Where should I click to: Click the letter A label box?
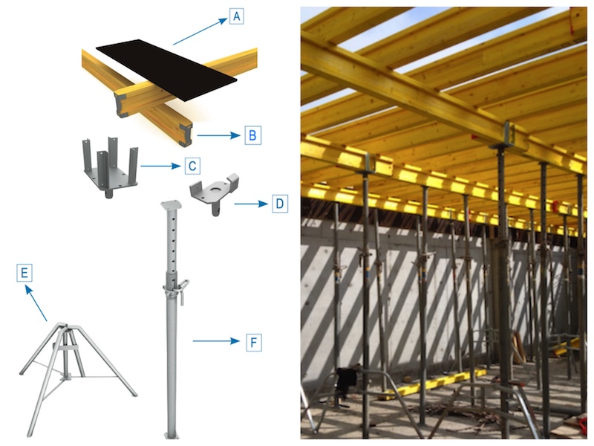tap(236, 16)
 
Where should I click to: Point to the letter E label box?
tap(25, 274)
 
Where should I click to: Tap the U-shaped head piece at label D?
tap(211, 195)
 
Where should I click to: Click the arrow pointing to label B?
tap(220, 136)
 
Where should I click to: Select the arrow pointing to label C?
tap(161, 166)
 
